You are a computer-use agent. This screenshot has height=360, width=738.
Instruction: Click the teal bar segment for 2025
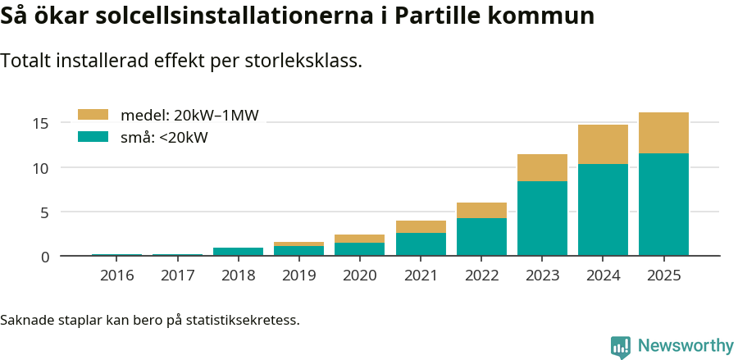[x=663, y=204]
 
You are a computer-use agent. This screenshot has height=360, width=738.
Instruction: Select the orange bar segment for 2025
[x=663, y=133]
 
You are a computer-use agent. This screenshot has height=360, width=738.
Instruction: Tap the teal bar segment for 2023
[x=542, y=218]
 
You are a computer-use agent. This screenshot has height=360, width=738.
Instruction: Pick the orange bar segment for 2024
[x=603, y=144]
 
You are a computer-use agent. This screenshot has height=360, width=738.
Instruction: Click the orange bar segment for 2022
[x=481, y=210]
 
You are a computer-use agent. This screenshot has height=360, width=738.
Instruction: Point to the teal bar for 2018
[x=238, y=252]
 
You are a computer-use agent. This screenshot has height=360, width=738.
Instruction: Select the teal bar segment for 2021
[x=421, y=244]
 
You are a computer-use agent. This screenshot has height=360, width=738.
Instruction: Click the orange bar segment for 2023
[x=542, y=167]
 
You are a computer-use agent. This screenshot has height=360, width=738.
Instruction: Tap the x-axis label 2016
[x=116, y=275]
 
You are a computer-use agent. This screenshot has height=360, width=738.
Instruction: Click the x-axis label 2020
[x=359, y=275]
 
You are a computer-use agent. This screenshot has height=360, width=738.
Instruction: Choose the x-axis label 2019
[x=298, y=275]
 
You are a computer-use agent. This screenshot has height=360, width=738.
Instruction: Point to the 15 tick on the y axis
[x=41, y=124]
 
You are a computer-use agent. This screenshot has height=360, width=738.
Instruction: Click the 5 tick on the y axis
[x=45, y=212]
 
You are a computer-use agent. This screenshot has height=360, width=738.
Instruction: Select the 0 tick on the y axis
[x=45, y=257]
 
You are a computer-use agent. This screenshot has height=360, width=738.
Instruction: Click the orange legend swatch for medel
[x=93, y=115]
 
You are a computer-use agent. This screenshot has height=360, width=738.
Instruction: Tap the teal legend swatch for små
[x=93, y=137]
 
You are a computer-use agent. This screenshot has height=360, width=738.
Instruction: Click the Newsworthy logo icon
[x=620, y=346]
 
